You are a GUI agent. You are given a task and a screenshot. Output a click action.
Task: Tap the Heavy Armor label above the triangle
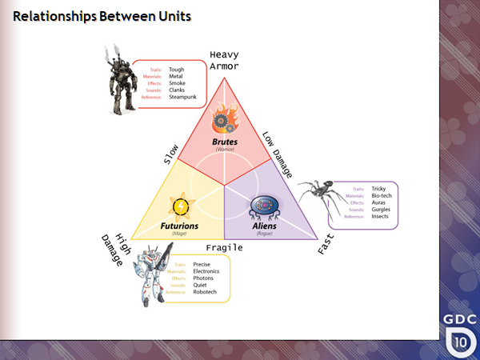[x=224, y=61]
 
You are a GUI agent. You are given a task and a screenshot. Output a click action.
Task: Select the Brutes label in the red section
[x=224, y=142]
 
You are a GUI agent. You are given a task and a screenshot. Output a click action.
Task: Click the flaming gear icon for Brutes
[x=224, y=122]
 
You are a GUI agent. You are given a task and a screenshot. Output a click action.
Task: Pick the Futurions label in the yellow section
[x=179, y=226]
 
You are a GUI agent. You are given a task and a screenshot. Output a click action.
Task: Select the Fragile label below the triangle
[x=225, y=247]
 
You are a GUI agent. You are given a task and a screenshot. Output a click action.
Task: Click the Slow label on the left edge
[x=170, y=154]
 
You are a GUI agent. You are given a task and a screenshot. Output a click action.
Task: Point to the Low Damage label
[x=278, y=151]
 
